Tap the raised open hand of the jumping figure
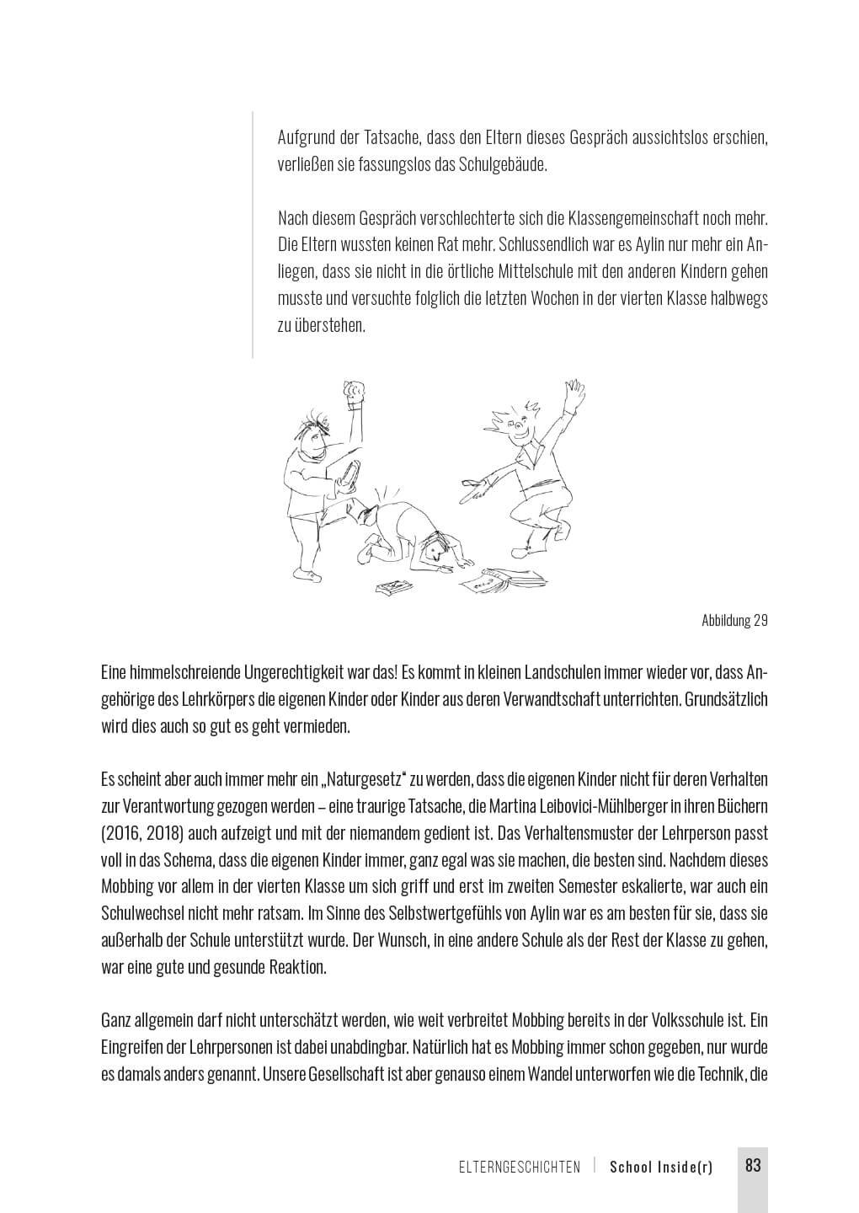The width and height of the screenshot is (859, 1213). [x=575, y=393]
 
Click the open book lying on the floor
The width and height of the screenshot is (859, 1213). [x=502, y=580]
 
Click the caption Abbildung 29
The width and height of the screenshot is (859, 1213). [x=734, y=621]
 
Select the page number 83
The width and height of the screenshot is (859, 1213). [x=753, y=1166]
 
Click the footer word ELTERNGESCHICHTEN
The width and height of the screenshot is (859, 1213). [x=520, y=1168]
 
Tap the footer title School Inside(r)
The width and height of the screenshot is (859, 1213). [x=661, y=1168]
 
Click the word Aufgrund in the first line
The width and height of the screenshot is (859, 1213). [x=307, y=137]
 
